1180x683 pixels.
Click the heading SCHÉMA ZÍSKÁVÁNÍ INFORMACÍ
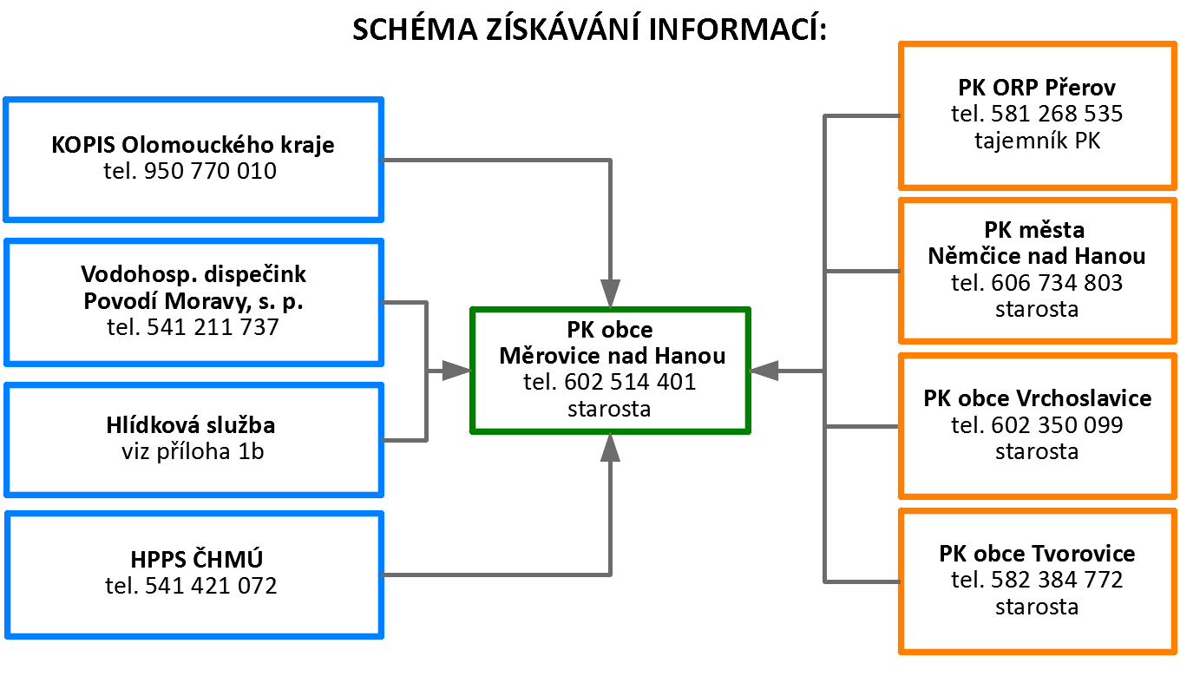click(589, 29)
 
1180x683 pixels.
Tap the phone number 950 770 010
click(210, 171)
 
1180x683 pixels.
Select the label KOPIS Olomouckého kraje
click(193, 145)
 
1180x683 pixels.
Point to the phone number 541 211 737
click(213, 327)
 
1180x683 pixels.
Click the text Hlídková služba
click(191, 424)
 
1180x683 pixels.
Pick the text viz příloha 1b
click(193, 451)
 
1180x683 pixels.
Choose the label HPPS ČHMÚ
click(196, 559)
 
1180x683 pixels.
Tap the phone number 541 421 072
click(211, 586)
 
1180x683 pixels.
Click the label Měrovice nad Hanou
click(613, 356)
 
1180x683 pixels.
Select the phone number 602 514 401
click(630, 382)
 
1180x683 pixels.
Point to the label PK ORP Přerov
click(1037, 88)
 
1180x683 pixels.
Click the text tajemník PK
click(1037, 141)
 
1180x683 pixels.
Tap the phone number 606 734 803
click(1057, 283)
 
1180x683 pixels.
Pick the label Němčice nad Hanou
click(1037, 256)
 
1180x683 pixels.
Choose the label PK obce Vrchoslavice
click(1037, 398)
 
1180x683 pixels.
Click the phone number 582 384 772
click(1057, 581)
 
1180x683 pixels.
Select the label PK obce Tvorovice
click(1037, 554)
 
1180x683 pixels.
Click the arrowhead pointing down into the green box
click(610, 293)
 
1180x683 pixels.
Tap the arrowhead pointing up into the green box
click(610, 448)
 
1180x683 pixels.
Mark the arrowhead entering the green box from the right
click(764, 371)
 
